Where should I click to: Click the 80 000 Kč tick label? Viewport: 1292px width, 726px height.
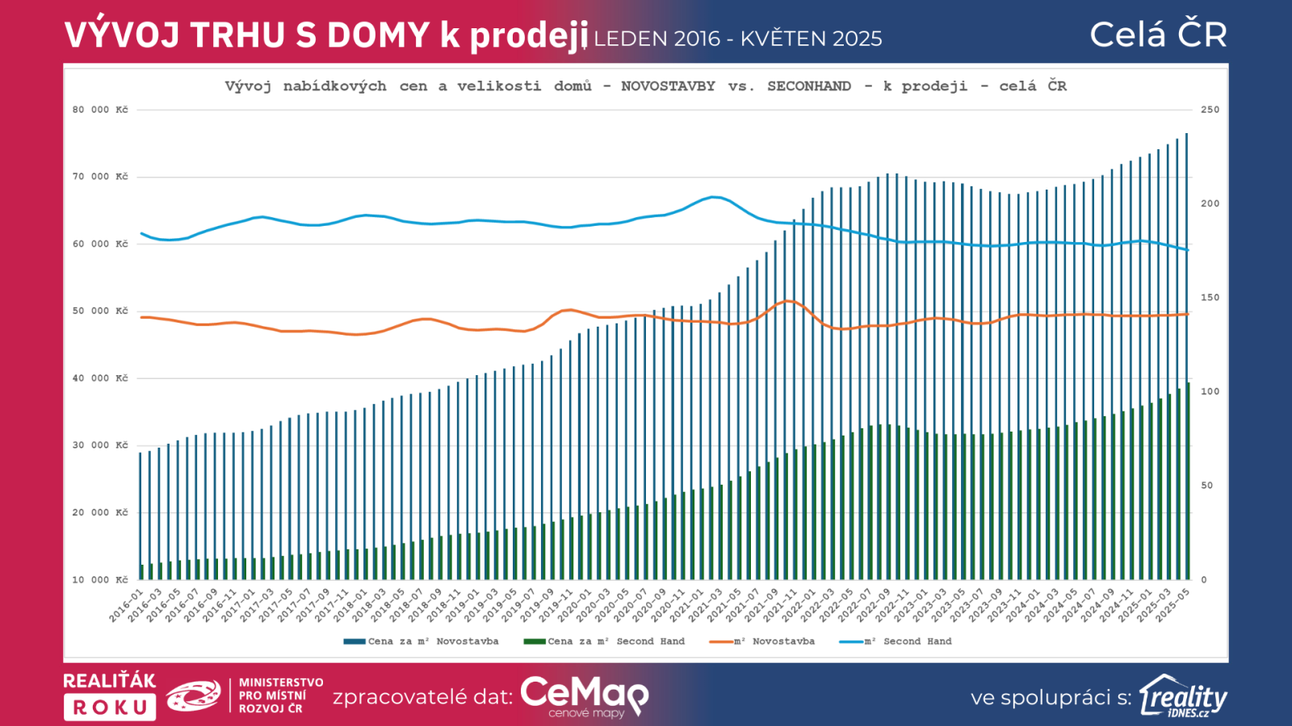[100, 110]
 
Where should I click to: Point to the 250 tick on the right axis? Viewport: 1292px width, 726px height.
[1210, 110]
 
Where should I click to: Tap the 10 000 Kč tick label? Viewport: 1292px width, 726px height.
[100, 580]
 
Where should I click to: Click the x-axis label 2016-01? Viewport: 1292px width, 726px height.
[127, 606]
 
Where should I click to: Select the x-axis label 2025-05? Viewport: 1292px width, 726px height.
[1173, 606]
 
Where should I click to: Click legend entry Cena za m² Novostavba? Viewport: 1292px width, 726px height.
[422, 642]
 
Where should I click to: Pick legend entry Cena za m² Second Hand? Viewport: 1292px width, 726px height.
[605, 642]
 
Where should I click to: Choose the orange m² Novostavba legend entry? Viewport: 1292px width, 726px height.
[762, 642]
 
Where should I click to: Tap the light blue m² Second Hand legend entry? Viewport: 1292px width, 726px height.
[896, 642]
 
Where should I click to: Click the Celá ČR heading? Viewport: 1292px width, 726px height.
[1158, 35]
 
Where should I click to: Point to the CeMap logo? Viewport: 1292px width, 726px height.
[584, 695]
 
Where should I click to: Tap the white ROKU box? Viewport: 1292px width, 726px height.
[110, 707]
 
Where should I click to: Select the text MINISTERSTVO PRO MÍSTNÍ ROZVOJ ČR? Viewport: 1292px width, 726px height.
[280, 695]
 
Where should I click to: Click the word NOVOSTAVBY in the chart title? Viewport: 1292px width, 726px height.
[668, 86]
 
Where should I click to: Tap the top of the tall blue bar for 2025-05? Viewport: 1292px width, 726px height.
[1186, 135]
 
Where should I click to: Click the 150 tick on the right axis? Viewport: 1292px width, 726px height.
[1210, 298]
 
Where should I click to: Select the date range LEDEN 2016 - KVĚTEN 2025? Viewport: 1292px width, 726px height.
[738, 39]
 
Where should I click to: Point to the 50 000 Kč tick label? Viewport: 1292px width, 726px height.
[100, 311]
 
